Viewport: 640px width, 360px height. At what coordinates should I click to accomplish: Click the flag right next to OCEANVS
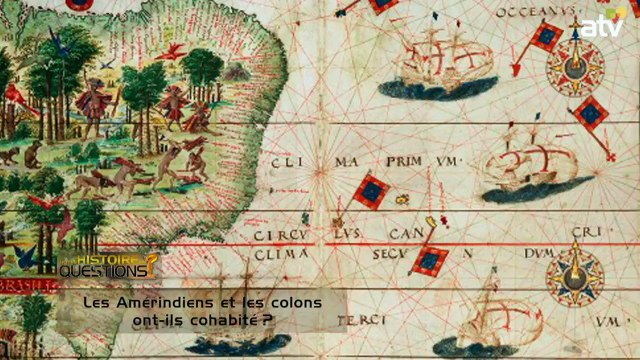(545, 37)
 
